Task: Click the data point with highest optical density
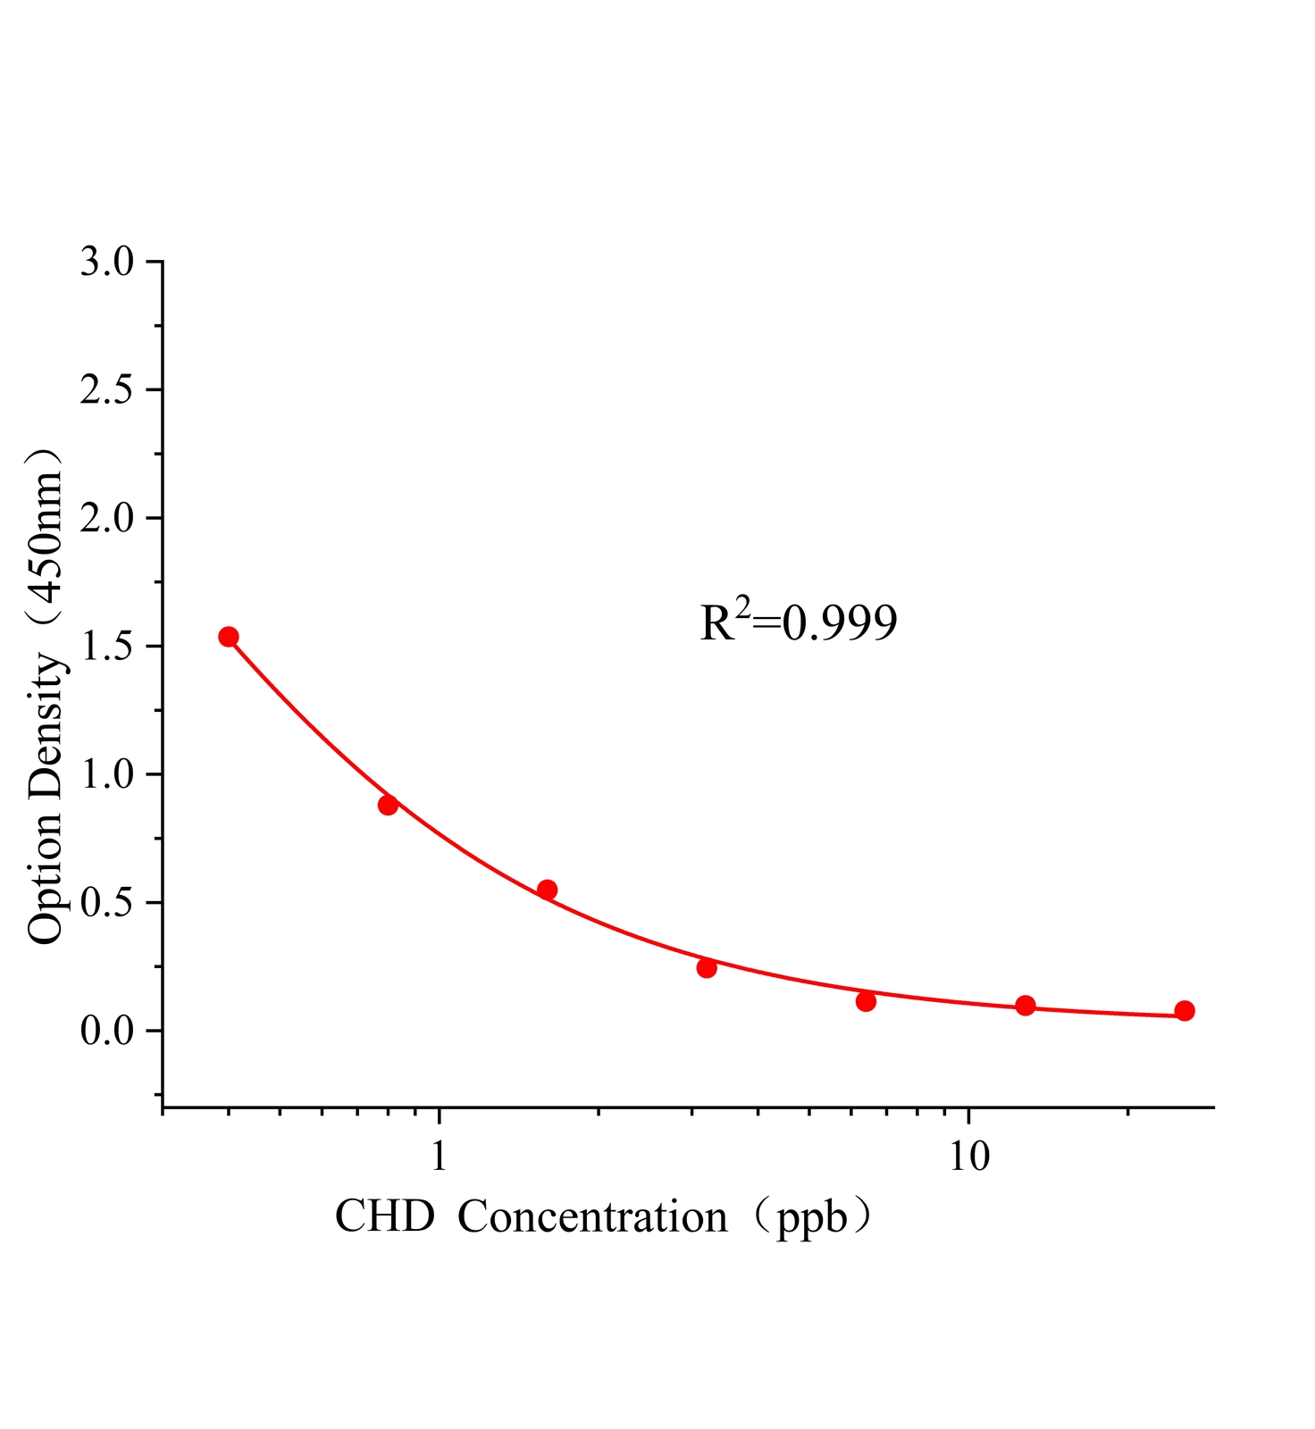(229, 637)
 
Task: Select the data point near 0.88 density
(388, 805)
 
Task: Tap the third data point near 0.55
(548, 890)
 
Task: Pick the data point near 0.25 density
(707, 968)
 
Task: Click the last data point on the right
(1185, 1011)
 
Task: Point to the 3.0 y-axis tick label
(106, 263)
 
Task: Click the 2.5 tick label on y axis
(106, 390)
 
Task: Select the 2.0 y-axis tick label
(106, 519)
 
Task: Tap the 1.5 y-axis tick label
(106, 647)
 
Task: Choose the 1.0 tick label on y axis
(106, 774)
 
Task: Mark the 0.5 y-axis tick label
(106, 903)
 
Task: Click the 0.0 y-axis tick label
(106, 1031)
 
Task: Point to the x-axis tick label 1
(439, 1156)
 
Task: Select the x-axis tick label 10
(969, 1156)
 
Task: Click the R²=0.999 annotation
(798, 623)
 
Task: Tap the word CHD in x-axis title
(384, 1216)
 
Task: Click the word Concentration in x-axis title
(592, 1216)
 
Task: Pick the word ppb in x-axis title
(811, 1218)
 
